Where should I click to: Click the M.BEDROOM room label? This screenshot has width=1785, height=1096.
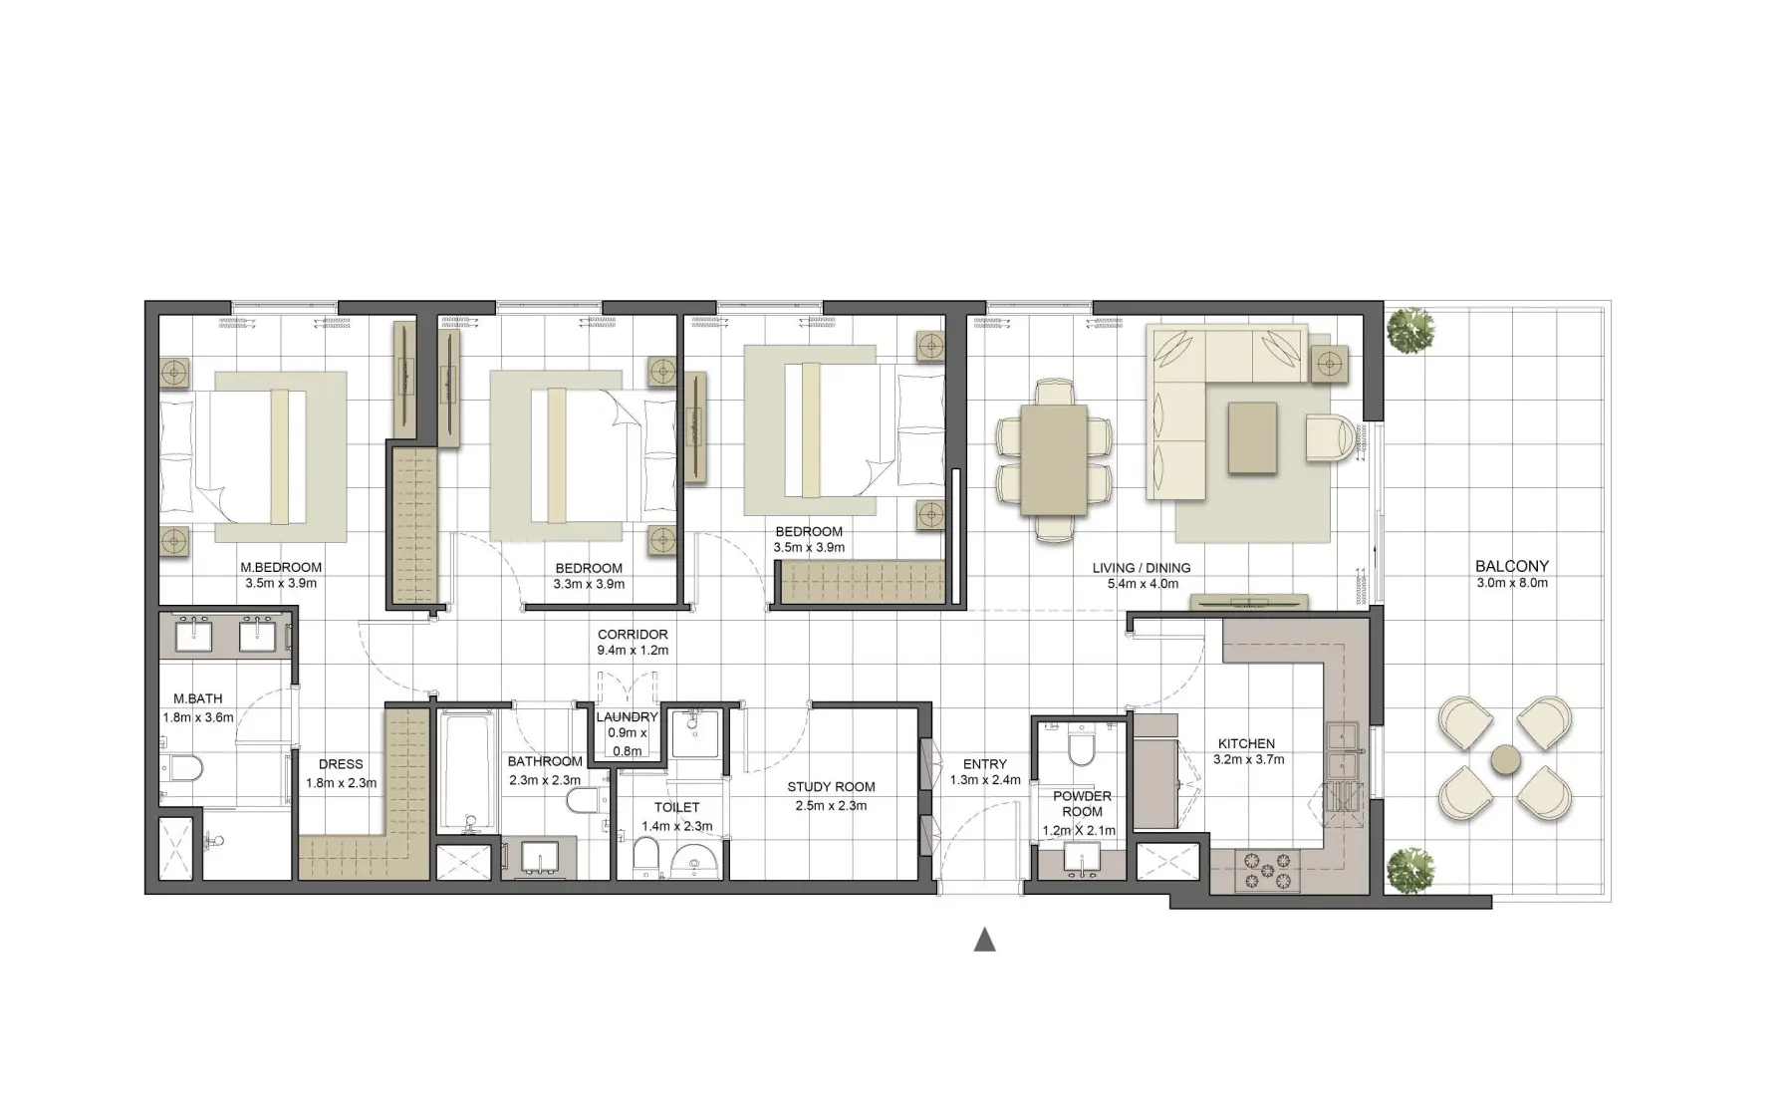[x=281, y=567]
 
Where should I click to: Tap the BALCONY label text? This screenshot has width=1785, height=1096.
[x=1511, y=566]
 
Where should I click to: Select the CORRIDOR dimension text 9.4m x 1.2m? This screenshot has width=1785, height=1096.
[x=633, y=651]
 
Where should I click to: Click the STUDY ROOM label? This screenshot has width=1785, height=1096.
[x=831, y=786]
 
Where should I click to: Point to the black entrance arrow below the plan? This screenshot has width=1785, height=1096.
[x=984, y=940]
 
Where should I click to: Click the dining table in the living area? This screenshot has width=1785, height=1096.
[x=1054, y=459]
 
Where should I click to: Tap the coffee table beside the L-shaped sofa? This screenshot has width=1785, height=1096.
[x=1252, y=436]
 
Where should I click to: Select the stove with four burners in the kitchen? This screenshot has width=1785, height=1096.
[x=1267, y=872]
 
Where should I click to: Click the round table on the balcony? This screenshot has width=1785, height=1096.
[x=1505, y=760]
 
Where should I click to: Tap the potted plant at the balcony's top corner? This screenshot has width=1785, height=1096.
[x=1409, y=328]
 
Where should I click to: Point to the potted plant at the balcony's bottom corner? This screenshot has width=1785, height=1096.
[x=1409, y=870]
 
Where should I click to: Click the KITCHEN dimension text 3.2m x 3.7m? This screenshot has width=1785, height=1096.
[x=1248, y=759]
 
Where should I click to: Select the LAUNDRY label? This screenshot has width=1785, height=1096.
[x=627, y=716]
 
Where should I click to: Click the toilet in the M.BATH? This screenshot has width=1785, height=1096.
[x=182, y=767]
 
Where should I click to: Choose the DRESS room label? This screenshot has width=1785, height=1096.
[x=341, y=764]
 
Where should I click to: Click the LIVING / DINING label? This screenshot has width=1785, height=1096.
[x=1141, y=568]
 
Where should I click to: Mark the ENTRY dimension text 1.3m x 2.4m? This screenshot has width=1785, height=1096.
[x=984, y=780]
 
